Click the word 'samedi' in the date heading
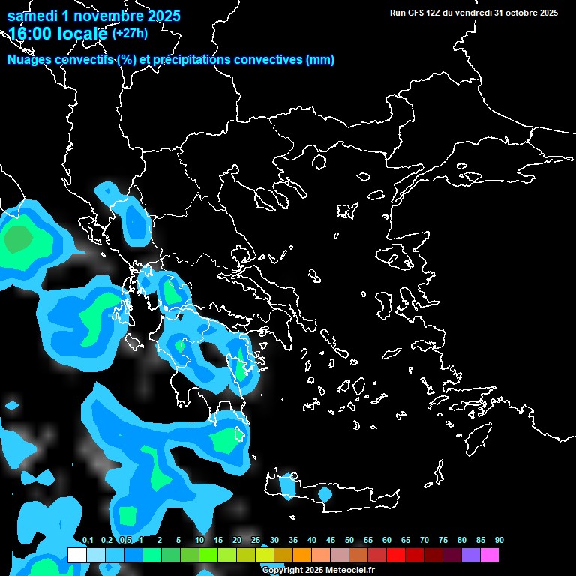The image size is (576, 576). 32,16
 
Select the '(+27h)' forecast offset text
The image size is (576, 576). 130,33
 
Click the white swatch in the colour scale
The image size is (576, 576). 76,555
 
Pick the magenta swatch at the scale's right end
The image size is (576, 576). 489,555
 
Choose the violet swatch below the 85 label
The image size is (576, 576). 470,555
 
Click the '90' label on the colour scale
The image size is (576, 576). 499,541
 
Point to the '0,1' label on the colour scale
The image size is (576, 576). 88,541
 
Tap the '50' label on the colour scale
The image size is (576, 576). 349,541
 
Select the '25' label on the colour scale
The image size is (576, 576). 256,541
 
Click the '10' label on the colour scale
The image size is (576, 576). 199,541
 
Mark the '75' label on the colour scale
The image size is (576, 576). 443,541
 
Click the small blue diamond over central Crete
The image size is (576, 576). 325,494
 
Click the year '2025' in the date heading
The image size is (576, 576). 159,16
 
